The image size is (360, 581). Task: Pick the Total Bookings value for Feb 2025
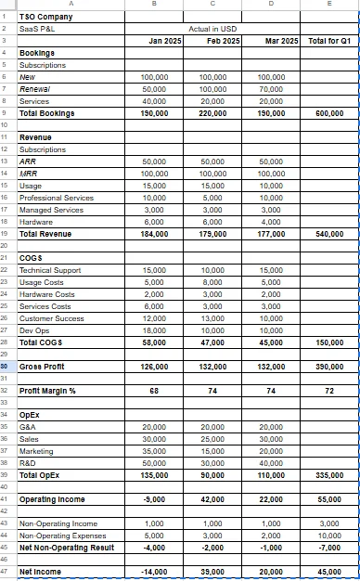[212, 112]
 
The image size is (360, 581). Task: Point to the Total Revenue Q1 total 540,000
[330, 234]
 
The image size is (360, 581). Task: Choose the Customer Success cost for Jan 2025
[153, 318]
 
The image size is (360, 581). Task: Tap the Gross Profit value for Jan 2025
[152, 367]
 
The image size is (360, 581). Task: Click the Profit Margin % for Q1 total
[331, 391]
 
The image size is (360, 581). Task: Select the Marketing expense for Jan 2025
[153, 450]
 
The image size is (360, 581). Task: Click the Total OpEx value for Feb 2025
[212, 474]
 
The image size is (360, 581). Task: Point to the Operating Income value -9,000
[154, 499]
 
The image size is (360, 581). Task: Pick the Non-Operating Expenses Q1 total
[330, 536]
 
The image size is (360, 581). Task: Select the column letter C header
[213, 5]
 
